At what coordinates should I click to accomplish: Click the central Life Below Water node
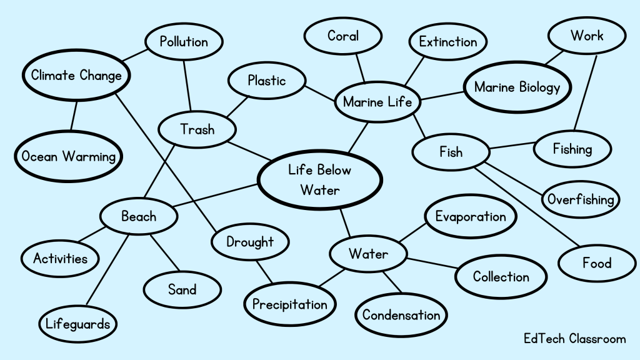(319, 179)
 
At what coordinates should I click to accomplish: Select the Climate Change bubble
(76, 76)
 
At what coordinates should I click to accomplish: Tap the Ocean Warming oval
(69, 156)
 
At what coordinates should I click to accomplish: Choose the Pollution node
(184, 42)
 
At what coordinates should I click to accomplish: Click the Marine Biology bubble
(517, 87)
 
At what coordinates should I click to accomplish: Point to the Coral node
(342, 36)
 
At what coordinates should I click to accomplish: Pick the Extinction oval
(447, 42)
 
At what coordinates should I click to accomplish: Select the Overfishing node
(581, 199)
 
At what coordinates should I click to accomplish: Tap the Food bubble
(596, 263)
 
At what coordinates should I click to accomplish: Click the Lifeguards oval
(78, 324)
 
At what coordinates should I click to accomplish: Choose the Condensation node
(401, 314)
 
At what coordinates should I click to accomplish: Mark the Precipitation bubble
(289, 304)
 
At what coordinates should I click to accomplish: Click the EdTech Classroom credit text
(574, 339)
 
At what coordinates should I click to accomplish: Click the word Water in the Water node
(368, 254)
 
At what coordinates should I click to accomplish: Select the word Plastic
(266, 81)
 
